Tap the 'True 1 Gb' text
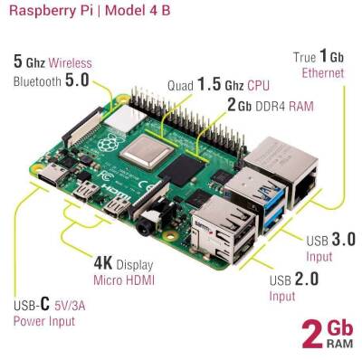pyautogui.click(x=317, y=57)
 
